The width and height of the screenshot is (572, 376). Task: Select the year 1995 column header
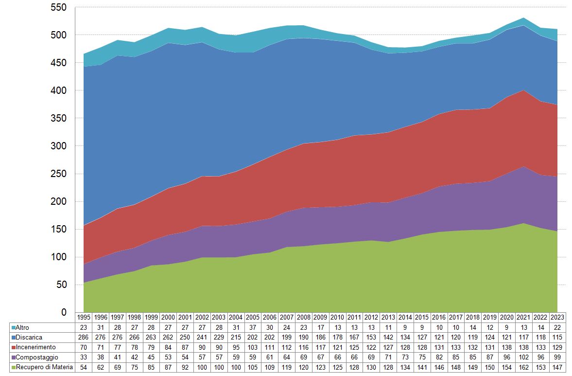click(x=84, y=317)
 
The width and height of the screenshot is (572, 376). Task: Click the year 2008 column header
click(x=304, y=317)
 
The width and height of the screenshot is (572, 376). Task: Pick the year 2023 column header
click(x=557, y=317)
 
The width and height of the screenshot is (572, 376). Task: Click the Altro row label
click(x=22, y=327)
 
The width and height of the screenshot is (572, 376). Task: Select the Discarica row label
click(x=28, y=337)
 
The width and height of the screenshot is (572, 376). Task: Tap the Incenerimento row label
click(x=35, y=347)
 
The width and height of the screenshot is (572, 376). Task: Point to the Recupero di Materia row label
click(x=44, y=367)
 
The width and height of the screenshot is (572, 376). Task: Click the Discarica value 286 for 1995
click(x=84, y=337)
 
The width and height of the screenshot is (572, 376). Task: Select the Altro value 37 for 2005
click(x=253, y=327)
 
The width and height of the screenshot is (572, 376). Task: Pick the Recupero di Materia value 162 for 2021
click(x=523, y=367)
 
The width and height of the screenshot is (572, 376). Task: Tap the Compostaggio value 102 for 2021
click(x=523, y=357)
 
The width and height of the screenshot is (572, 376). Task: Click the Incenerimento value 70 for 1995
click(x=84, y=347)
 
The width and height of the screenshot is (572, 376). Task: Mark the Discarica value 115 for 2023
click(x=557, y=337)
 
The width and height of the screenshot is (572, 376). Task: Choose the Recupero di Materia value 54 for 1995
click(x=84, y=367)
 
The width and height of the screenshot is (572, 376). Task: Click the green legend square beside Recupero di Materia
click(x=13, y=367)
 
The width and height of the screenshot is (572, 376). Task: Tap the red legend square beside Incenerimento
click(x=13, y=347)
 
